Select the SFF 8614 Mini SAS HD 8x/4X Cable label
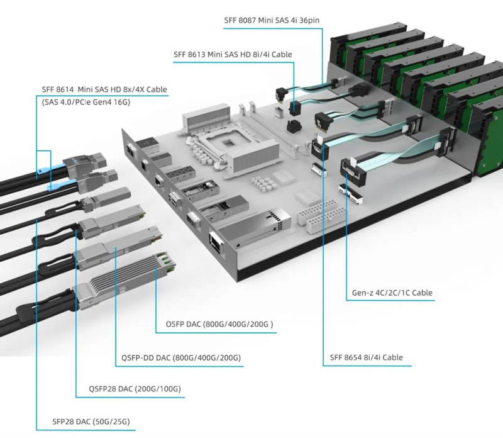pyautogui.click(x=104, y=89)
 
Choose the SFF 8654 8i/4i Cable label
pyautogui.click(x=366, y=357)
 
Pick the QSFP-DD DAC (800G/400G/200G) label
pyautogui.click(x=181, y=358)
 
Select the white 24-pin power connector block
pyautogui.click(x=320, y=215)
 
